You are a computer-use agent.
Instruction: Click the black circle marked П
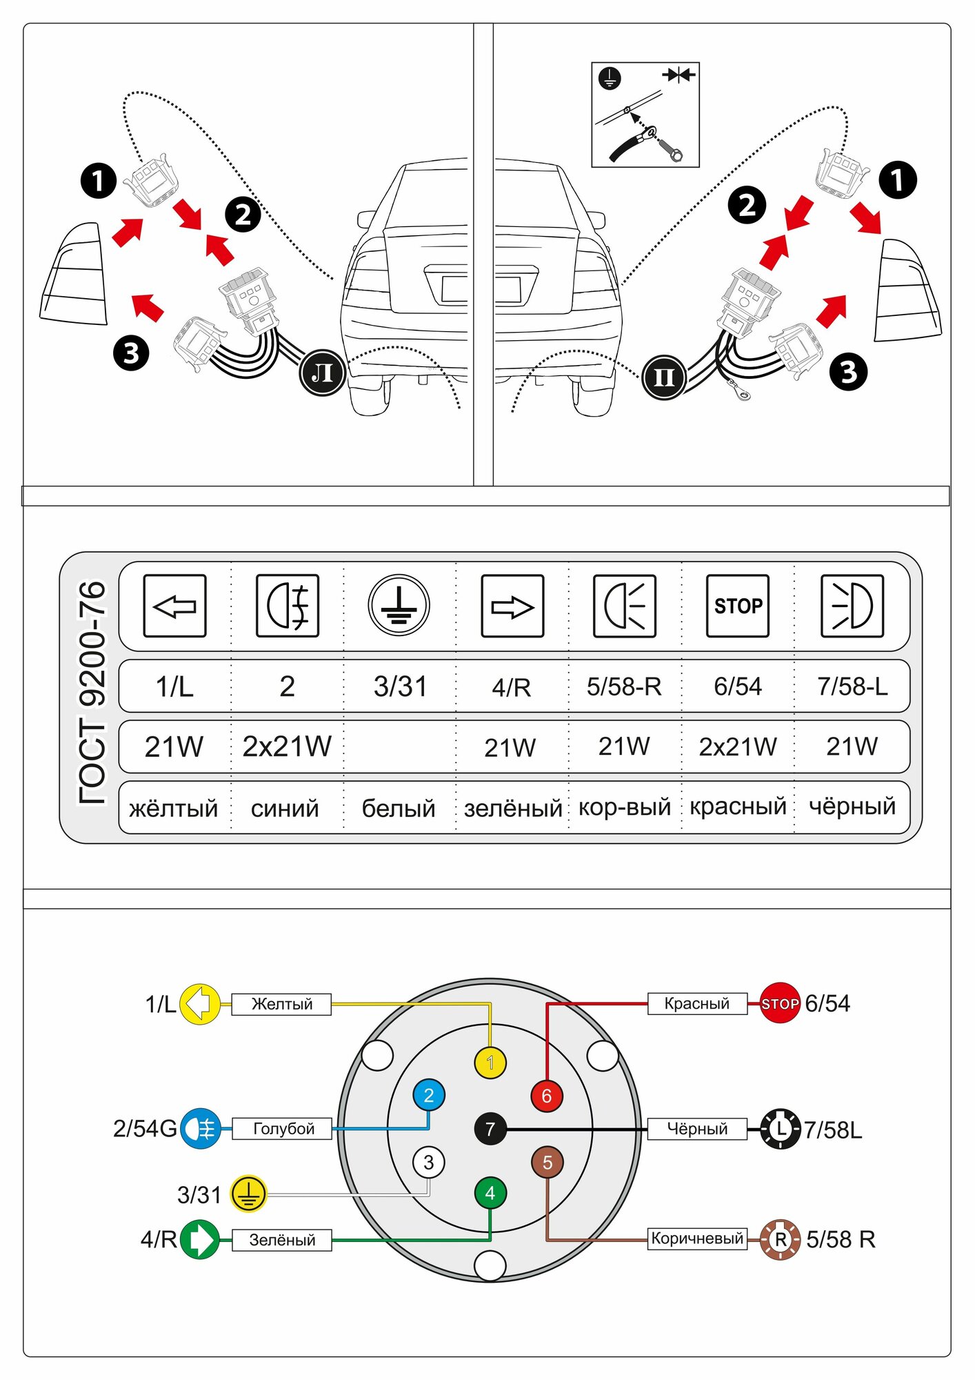pyautogui.click(x=663, y=377)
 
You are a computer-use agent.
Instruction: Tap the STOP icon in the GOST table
pyautogui.click(x=737, y=606)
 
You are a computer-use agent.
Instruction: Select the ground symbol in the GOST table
pyautogui.click(x=399, y=606)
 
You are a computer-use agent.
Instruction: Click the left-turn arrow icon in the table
pyautogui.click(x=174, y=606)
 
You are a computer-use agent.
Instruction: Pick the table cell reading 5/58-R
pyautogui.click(x=624, y=687)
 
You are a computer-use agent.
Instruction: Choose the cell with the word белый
pyautogui.click(x=399, y=808)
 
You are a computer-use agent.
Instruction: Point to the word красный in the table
pyautogui.click(x=738, y=806)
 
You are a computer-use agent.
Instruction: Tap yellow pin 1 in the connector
pyautogui.click(x=490, y=1062)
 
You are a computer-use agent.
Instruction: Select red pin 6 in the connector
pyautogui.click(x=547, y=1096)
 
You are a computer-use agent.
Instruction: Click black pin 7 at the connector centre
pyautogui.click(x=490, y=1129)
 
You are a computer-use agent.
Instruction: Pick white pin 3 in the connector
pyautogui.click(x=428, y=1163)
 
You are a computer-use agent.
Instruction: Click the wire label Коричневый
pyautogui.click(x=697, y=1239)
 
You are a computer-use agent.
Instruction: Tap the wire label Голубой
pyautogui.click(x=283, y=1129)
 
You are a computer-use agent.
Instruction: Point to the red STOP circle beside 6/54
pyautogui.click(x=780, y=1003)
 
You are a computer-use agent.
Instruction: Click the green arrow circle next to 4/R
pyautogui.click(x=199, y=1239)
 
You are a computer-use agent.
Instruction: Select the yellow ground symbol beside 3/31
pyautogui.click(x=248, y=1194)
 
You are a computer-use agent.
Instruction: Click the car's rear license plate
pyautogui.click(x=481, y=289)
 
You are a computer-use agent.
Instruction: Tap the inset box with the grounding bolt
pyautogui.click(x=645, y=115)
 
